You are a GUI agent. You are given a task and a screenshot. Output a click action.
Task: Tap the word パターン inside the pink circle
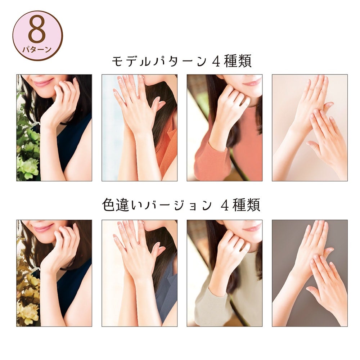click(x=37, y=49)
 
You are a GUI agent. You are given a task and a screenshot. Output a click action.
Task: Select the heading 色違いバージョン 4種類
click(x=181, y=205)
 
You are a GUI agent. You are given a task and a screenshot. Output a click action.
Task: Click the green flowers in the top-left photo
click(x=28, y=147)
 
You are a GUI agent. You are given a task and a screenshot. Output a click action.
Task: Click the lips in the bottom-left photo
click(x=42, y=228)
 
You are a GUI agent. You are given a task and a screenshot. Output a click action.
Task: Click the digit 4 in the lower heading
click(x=224, y=205)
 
